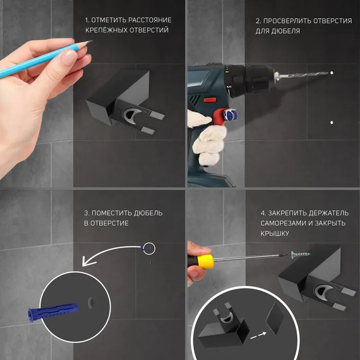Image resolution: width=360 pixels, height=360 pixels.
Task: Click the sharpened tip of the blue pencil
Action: [x=92, y=41]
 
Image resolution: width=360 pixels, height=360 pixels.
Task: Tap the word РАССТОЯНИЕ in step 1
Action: [x=150, y=20]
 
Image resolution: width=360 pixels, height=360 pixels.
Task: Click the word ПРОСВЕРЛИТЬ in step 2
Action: [x=287, y=21]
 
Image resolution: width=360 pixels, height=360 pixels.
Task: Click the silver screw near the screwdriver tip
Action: [x=300, y=255]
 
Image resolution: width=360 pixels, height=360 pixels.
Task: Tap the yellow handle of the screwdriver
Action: [x=206, y=261]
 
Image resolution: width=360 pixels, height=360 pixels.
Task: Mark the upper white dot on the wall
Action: [x=332, y=73]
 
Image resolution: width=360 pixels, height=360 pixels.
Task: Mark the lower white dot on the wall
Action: [x=332, y=122]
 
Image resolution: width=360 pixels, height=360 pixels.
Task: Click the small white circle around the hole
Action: [x=149, y=242]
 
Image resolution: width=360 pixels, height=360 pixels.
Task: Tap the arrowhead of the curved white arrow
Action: [x=86, y=262]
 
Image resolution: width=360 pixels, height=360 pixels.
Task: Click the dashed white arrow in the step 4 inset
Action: [x=258, y=335]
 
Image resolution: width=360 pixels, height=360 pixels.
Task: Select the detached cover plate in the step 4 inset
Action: [x=275, y=318]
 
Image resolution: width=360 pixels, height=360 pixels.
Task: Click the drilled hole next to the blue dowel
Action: [x=91, y=302]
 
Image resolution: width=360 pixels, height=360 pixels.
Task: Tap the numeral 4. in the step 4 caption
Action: [x=263, y=213]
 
